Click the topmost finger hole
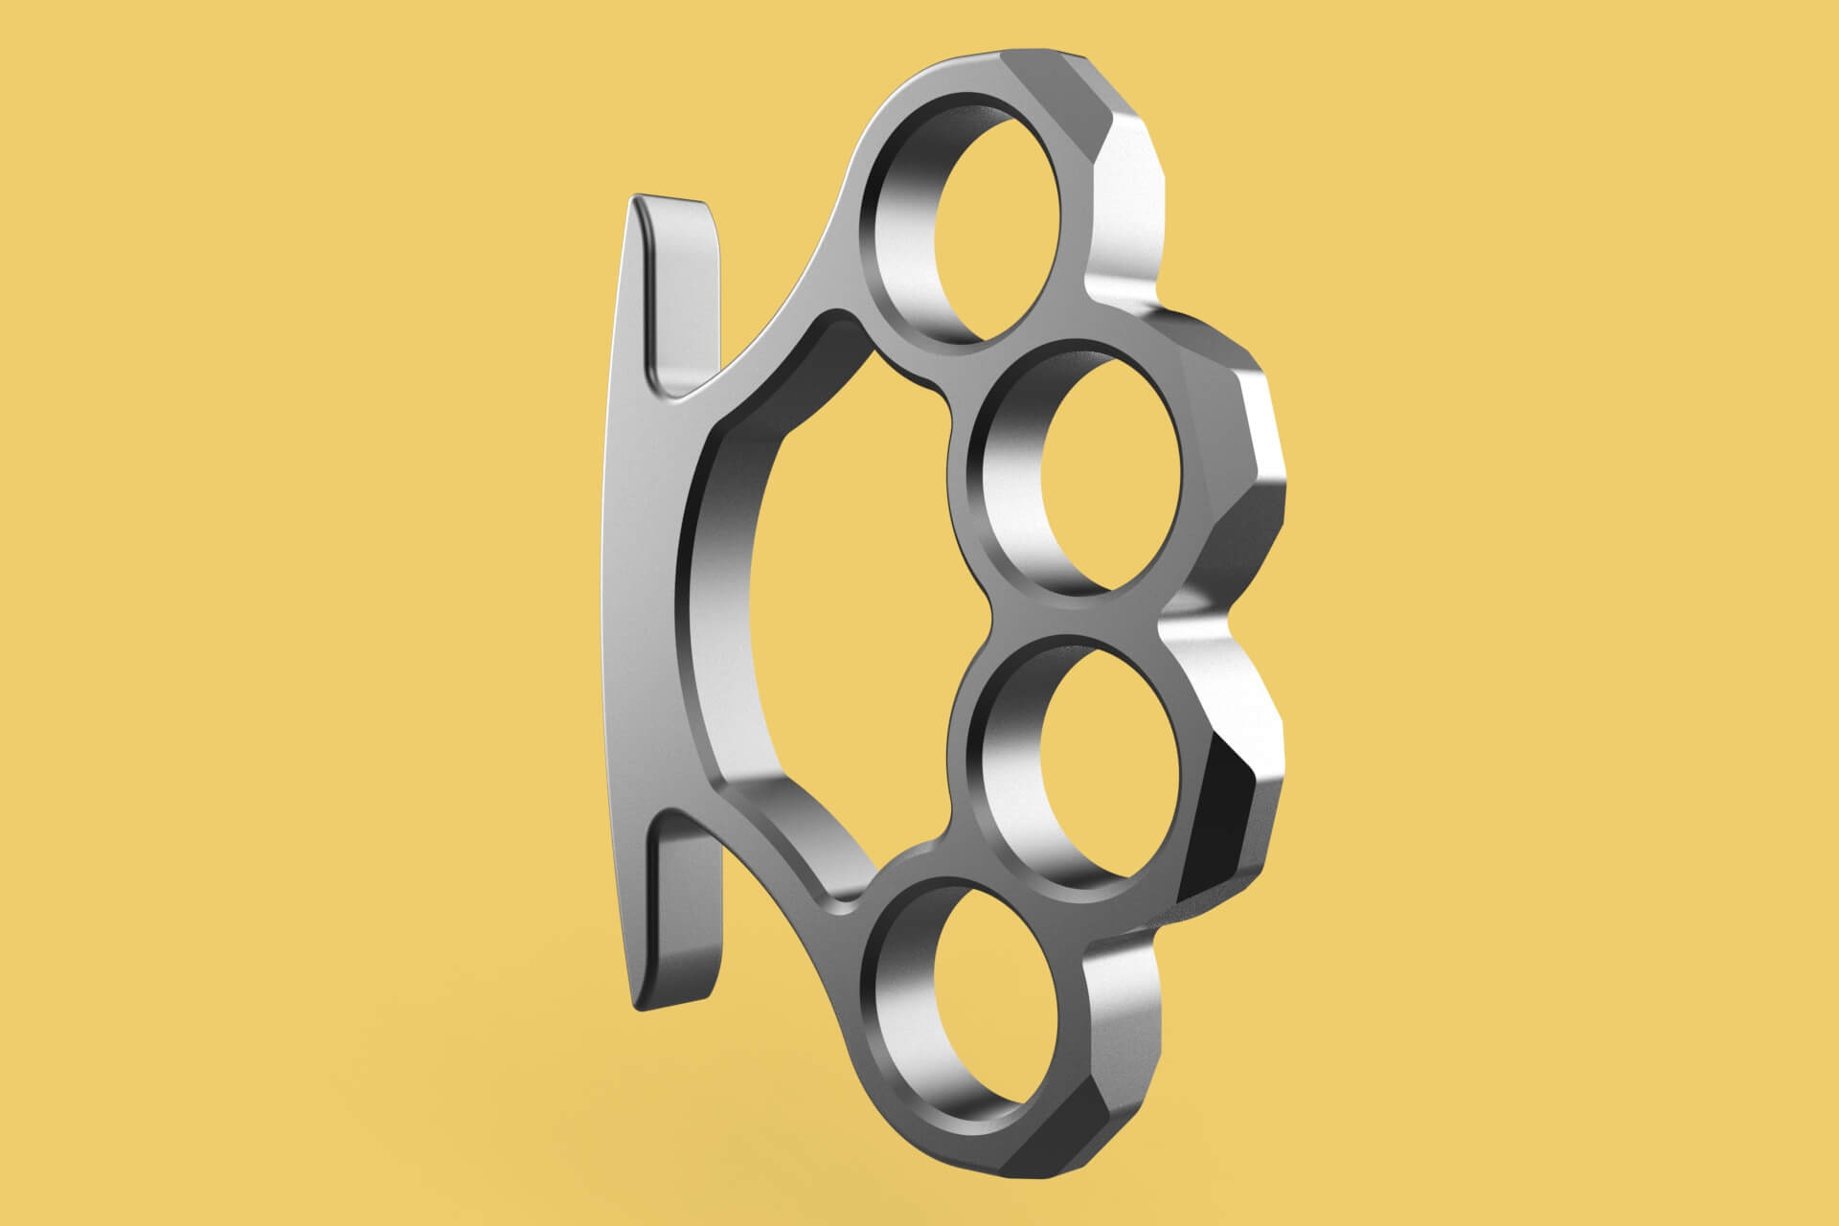1001,230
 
